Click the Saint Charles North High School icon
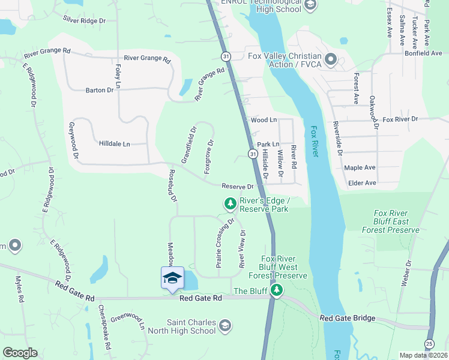(224, 326)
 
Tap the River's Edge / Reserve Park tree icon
(230, 205)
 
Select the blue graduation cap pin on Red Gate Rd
(172, 278)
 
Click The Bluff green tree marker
(276, 291)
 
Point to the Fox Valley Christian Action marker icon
(331, 59)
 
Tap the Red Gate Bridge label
(348, 318)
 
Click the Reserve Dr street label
(238, 187)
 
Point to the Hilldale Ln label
(114, 144)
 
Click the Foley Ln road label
(118, 77)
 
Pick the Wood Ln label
(264, 120)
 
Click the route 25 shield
(429, 344)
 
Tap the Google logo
(20, 353)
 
